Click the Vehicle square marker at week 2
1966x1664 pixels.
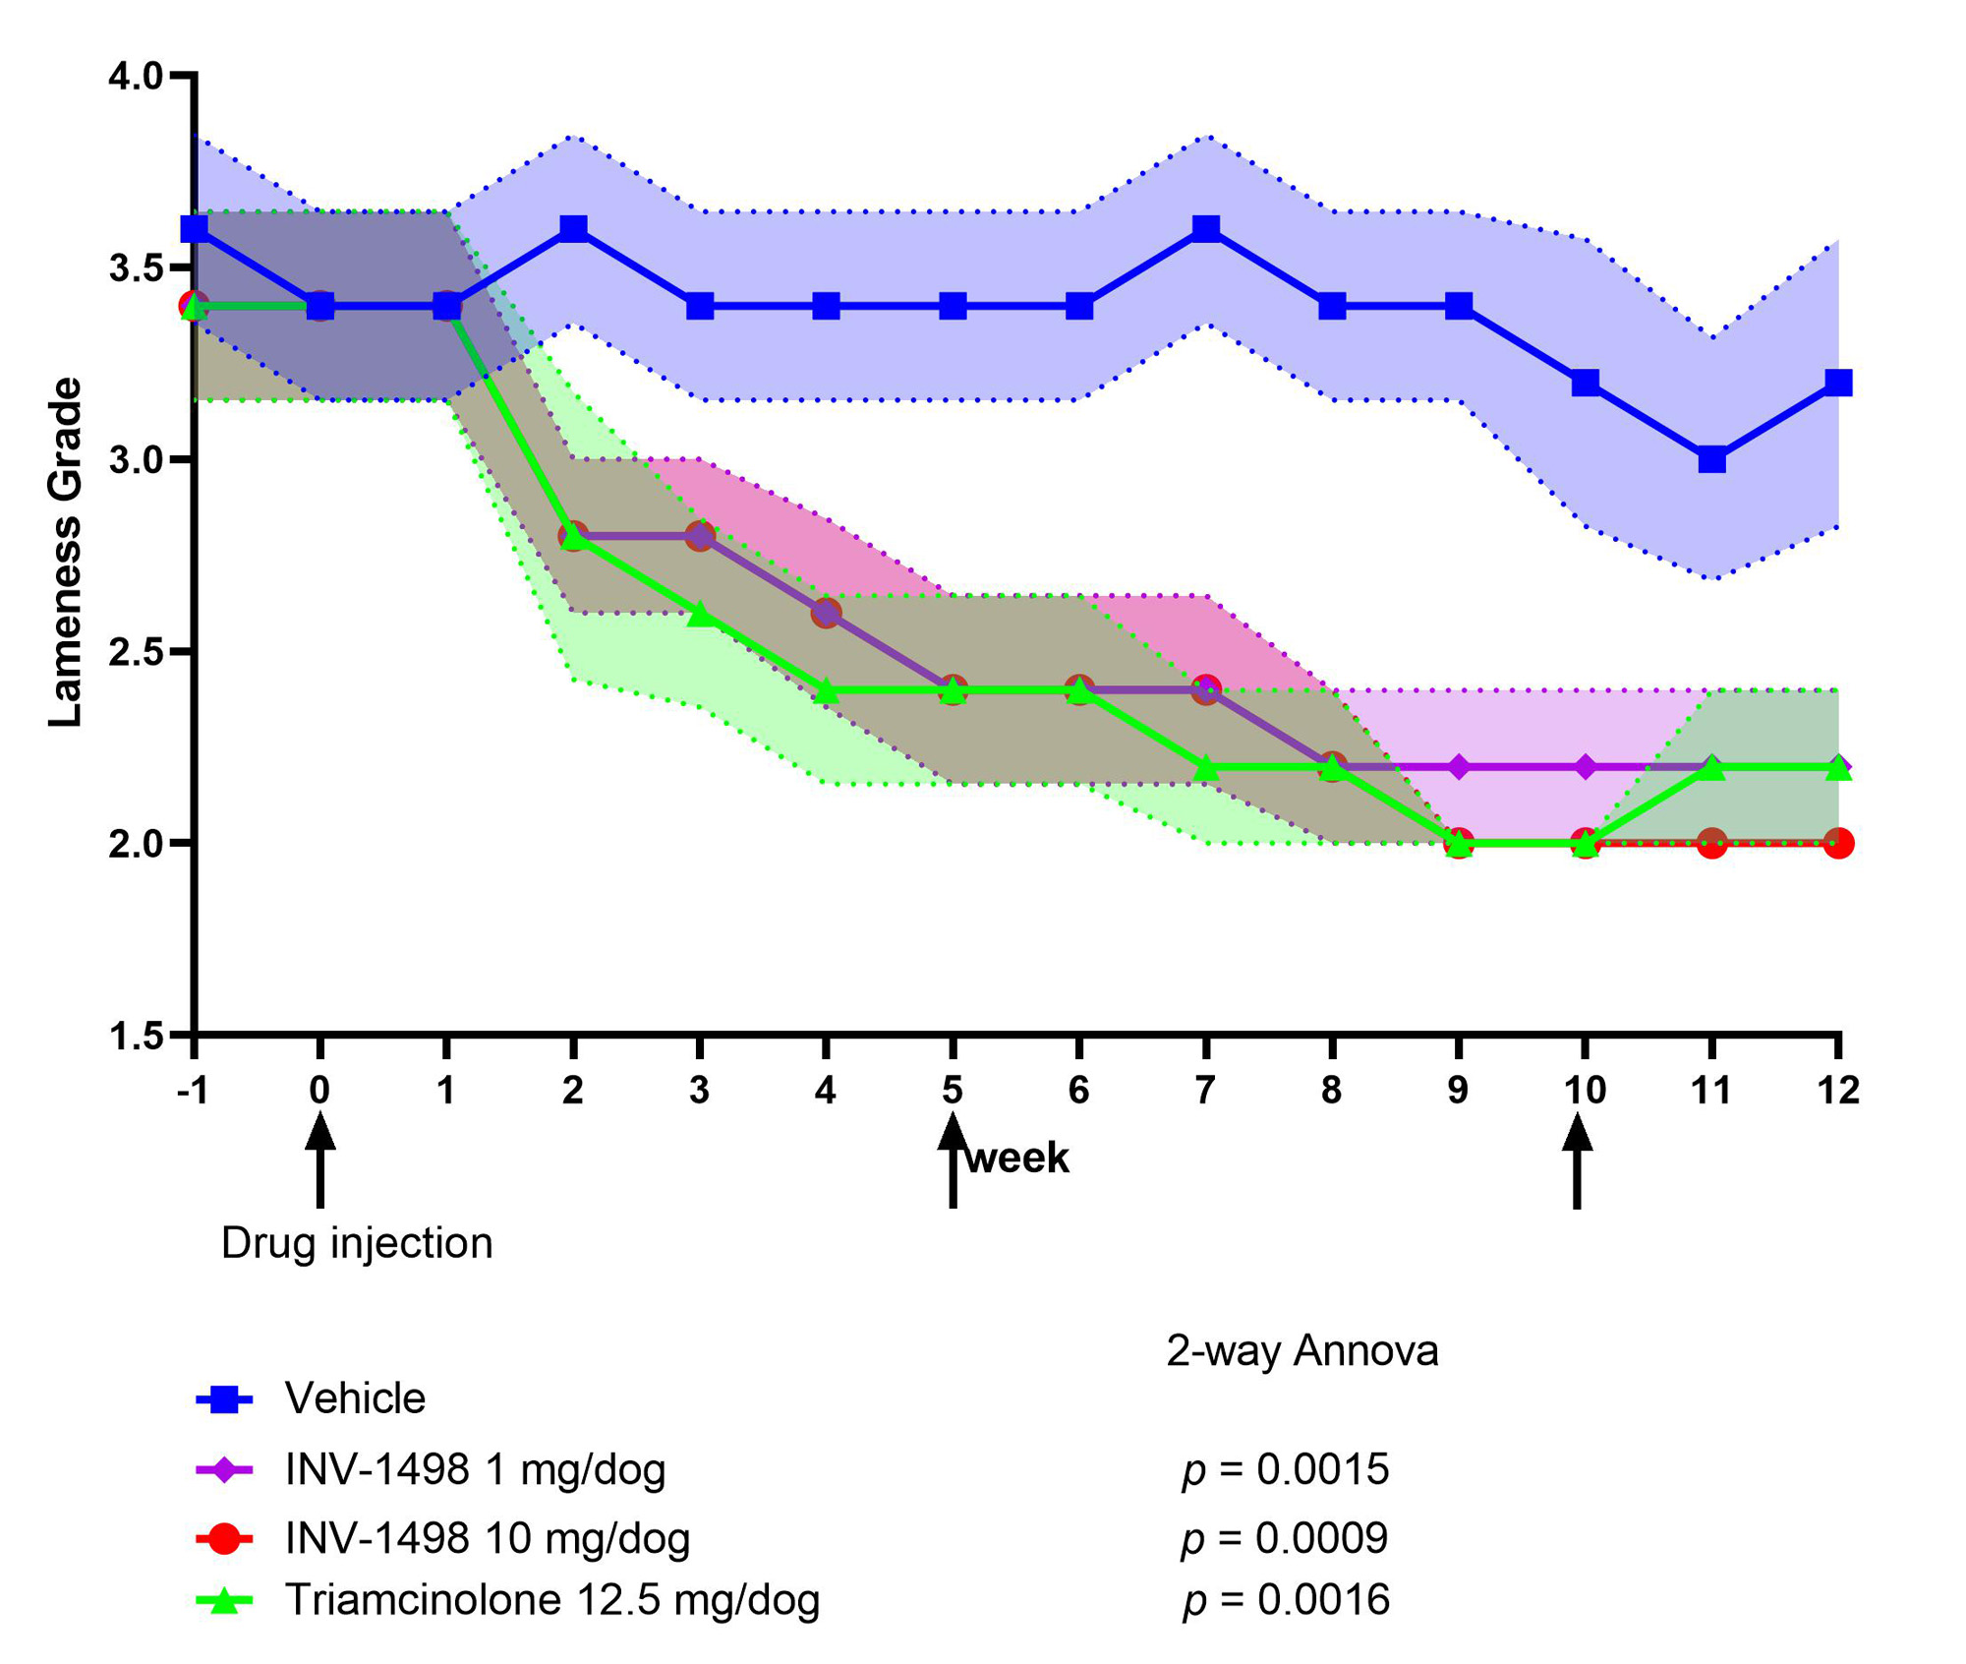pyautogui.click(x=573, y=229)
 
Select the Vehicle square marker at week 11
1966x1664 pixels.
pyautogui.click(x=1711, y=459)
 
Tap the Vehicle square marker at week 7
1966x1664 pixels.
pyautogui.click(x=1206, y=229)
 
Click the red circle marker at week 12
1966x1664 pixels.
pyautogui.click(x=1838, y=843)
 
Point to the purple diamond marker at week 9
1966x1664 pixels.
pyautogui.click(x=1459, y=766)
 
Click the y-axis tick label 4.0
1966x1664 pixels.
pyautogui.click(x=136, y=77)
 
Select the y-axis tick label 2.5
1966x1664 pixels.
pyautogui.click(x=136, y=652)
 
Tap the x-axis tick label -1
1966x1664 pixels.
pyautogui.click(x=193, y=1090)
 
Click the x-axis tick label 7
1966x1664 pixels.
pyautogui.click(x=1205, y=1090)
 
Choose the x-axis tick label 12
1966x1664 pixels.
pyautogui.click(x=1838, y=1090)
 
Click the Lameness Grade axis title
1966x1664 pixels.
pyautogui.click(x=66, y=553)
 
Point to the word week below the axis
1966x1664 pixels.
pyautogui.click(x=1017, y=1158)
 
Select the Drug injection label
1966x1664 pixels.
pyautogui.click(x=357, y=1243)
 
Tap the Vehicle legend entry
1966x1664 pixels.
pyautogui.click(x=355, y=1397)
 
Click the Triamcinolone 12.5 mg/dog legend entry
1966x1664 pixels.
pyautogui.click(x=551, y=1599)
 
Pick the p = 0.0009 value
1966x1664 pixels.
pyautogui.click(x=1285, y=1538)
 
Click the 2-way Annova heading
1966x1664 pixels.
pyautogui.click(x=1301, y=1351)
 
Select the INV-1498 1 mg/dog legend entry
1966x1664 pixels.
pyautogui.click(x=475, y=1469)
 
